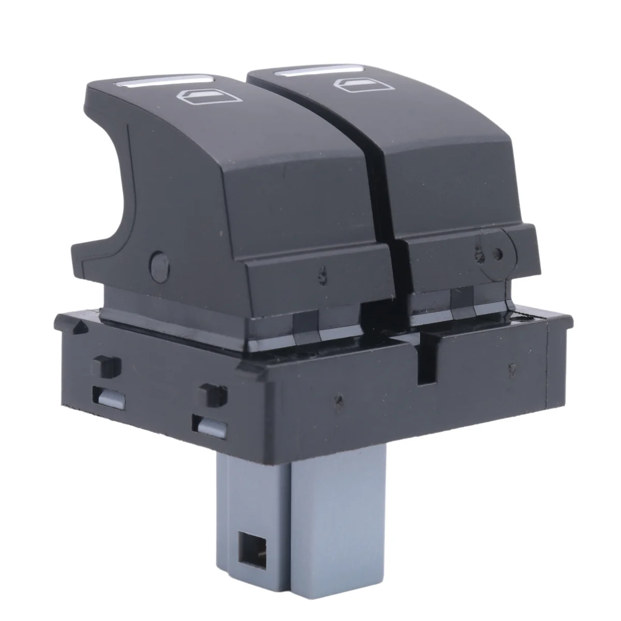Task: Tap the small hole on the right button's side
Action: [x=498, y=254]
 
